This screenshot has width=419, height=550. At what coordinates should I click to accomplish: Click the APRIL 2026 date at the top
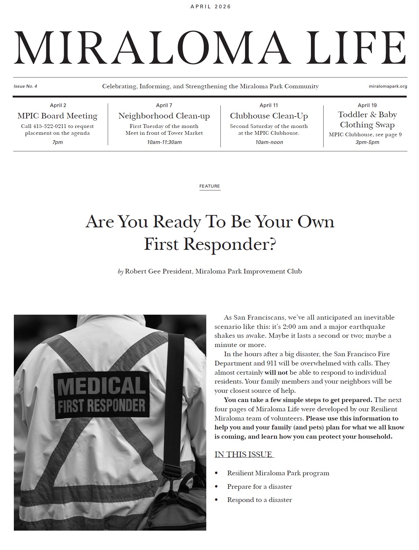pyautogui.click(x=211, y=6)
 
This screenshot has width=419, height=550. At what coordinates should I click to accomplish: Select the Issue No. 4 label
pyautogui.click(x=25, y=86)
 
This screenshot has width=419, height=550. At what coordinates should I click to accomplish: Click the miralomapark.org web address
pyautogui.click(x=388, y=86)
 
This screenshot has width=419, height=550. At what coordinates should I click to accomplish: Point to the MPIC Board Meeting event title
pyautogui.click(x=58, y=116)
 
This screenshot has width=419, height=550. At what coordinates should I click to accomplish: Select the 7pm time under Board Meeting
pyautogui.click(x=58, y=142)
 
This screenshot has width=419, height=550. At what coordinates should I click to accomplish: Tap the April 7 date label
pyautogui.click(x=164, y=105)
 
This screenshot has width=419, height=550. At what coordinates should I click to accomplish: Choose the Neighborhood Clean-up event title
pyautogui.click(x=164, y=116)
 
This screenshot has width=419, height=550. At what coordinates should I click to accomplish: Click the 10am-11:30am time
pyautogui.click(x=164, y=142)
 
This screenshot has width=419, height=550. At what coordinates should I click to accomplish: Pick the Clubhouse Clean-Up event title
pyautogui.click(x=269, y=116)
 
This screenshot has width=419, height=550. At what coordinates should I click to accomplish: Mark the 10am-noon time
pyautogui.click(x=269, y=142)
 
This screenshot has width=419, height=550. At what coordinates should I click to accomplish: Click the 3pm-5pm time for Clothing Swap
pyautogui.click(x=367, y=142)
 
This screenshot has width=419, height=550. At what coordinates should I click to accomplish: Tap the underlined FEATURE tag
pyautogui.click(x=210, y=186)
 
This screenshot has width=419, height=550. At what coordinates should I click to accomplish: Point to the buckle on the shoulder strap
pyautogui.click(x=171, y=469)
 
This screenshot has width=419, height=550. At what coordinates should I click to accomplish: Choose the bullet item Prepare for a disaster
pyautogui.click(x=259, y=487)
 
